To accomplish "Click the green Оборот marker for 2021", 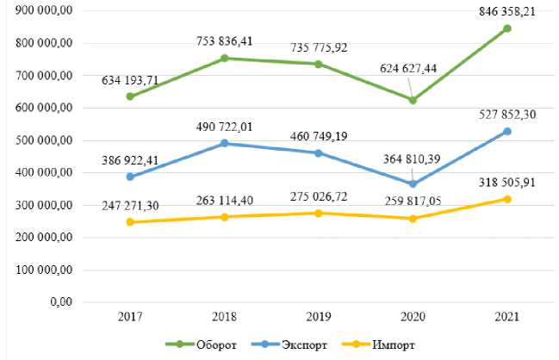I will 507,28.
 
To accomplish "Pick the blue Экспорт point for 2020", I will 412,184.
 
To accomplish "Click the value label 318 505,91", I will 506,182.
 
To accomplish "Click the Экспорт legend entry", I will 306,344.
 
